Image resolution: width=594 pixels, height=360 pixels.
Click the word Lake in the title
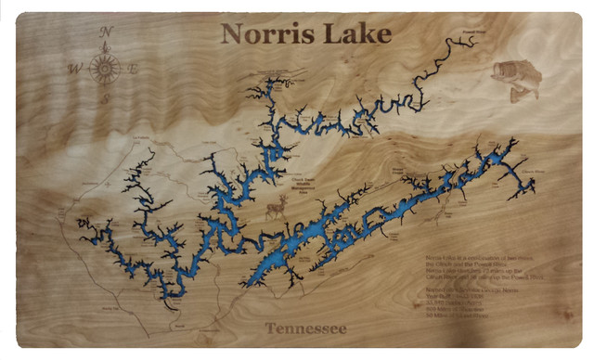click(x=356, y=35)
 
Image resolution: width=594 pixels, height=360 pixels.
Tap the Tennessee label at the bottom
click(x=305, y=328)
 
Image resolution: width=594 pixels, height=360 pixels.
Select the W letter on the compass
click(x=73, y=68)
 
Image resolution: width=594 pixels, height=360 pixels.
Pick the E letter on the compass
click(x=134, y=68)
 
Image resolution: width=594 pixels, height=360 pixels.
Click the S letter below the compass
click(x=105, y=99)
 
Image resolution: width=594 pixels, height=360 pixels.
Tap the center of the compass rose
click(x=105, y=68)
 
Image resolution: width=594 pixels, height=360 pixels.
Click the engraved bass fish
click(x=515, y=79)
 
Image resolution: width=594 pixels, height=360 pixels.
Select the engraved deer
click(x=276, y=210)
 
